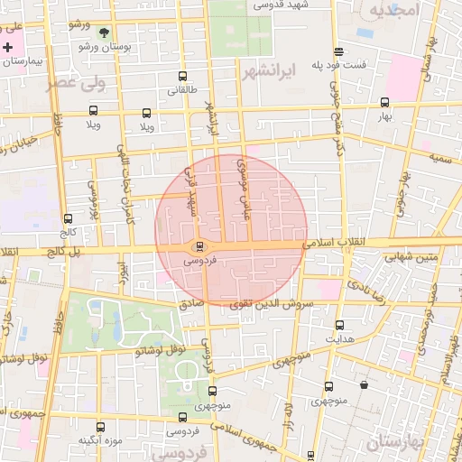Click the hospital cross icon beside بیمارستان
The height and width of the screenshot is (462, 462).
[x=8, y=47]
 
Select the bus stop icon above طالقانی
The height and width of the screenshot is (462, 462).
[x=183, y=77]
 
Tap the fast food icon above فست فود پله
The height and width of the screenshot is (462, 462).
[x=338, y=51]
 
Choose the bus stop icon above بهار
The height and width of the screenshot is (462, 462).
[x=385, y=102]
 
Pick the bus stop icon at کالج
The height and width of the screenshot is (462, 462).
[x=68, y=218]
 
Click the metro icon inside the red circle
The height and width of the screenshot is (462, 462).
[x=200, y=245]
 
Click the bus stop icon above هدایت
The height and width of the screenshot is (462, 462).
[x=339, y=324]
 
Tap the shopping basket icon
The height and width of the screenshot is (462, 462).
[x=364, y=385]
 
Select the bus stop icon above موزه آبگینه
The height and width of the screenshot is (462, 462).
[x=98, y=427]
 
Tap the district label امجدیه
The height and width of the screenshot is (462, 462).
[x=394, y=10]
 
